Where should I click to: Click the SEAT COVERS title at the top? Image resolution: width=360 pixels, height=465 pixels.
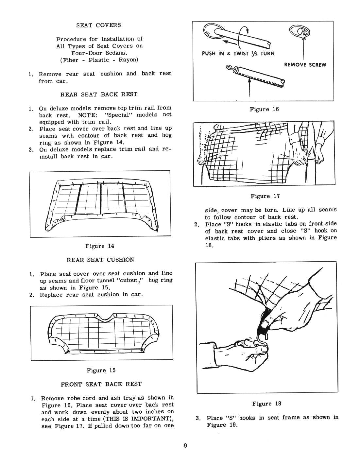coord(98,25)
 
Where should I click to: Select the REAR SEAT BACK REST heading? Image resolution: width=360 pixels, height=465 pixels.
coord(99,95)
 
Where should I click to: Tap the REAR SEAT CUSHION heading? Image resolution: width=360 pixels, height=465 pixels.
coord(100,260)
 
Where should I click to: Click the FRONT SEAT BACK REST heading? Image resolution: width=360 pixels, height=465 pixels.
coord(101,384)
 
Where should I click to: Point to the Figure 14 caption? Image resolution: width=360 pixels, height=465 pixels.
coord(99,246)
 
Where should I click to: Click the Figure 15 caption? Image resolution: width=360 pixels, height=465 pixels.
coord(101,370)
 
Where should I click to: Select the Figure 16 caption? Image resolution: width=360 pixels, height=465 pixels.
coord(264,109)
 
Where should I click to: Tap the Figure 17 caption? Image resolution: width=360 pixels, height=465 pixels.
coord(265,196)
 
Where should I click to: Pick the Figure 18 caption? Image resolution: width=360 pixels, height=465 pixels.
coord(267,404)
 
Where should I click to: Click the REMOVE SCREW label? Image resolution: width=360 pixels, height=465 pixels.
coord(305,65)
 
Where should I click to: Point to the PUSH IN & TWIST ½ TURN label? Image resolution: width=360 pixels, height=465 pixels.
coord(238,54)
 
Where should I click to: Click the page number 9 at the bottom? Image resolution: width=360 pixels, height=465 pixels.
coord(185,445)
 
